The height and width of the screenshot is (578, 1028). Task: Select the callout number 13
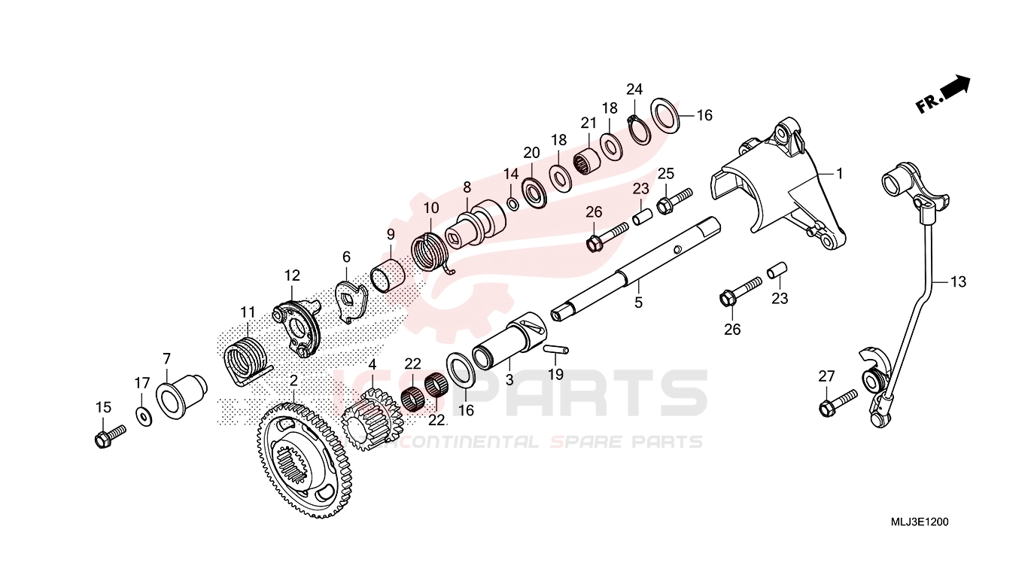(958, 282)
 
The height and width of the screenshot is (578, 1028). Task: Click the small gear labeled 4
(373, 418)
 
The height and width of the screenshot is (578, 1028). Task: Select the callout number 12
(292, 275)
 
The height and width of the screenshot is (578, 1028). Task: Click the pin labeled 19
(556, 350)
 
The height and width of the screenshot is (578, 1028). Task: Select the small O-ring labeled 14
(513, 203)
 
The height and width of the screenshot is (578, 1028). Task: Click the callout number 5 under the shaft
(638, 303)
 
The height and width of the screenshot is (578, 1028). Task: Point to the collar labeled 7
(181, 397)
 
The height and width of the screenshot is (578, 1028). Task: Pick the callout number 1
(839, 174)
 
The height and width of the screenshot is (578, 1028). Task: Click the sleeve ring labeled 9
(388, 275)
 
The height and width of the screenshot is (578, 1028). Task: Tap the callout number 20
(531, 153)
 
